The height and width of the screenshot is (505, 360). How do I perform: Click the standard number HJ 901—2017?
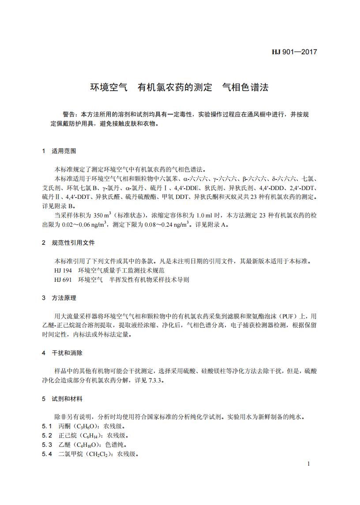coord(294,52)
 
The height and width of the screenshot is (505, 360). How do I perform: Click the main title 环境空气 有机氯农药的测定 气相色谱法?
coord(180,87)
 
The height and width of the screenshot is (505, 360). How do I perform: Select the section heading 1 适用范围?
coord(59,151)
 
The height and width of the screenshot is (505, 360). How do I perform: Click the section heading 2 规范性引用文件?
coord(68,243)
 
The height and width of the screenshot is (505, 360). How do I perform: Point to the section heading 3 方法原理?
coord(59,298)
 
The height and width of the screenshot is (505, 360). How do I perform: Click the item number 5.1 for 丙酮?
coord(47,426)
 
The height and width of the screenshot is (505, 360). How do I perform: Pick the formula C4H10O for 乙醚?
coord(83,445)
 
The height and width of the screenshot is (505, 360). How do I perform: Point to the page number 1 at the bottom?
coord(309,464)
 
